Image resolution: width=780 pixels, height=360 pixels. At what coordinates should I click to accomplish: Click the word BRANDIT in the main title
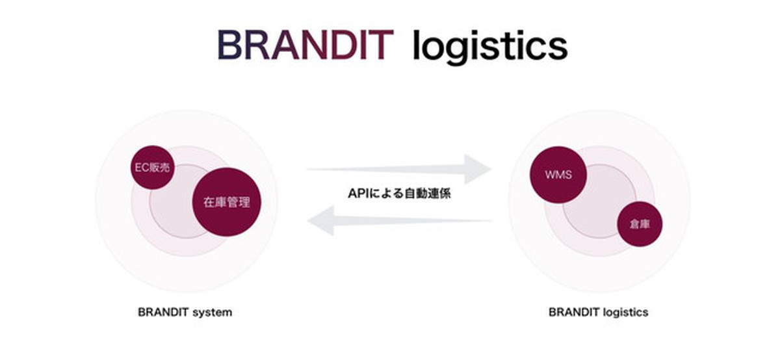[x=305, y=45]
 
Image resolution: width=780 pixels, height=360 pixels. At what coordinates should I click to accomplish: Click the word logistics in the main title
[x=490, y=47]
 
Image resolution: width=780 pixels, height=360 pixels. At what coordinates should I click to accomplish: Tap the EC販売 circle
[x=153, y=168]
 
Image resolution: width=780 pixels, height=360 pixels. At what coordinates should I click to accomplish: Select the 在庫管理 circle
[x=226, y=202]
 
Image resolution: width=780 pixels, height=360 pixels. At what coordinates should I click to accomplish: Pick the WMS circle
[x=558, y=174]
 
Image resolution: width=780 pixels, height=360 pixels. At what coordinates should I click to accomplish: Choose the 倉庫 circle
[x=640, y=224]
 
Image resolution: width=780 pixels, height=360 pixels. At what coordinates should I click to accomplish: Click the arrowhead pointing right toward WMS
[x=478, y=169]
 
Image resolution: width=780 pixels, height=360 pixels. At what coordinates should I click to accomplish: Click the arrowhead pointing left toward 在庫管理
[x=320, y=221]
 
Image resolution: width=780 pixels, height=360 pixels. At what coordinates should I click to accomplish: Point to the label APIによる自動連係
[x=399, y=193]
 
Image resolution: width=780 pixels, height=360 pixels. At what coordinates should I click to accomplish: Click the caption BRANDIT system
[x=185, y=312]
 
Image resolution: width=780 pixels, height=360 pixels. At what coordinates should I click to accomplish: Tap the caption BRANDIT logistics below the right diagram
[x=598, y=312]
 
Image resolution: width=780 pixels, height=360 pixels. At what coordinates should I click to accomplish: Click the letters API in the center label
[x=358, y=193]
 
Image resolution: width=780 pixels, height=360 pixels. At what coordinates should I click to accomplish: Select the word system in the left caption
[x=213, y=313]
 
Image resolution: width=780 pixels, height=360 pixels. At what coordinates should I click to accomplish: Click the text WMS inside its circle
[x=558, y=174]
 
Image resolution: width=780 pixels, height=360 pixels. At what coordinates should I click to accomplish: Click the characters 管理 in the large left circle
[x=239, y=202]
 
